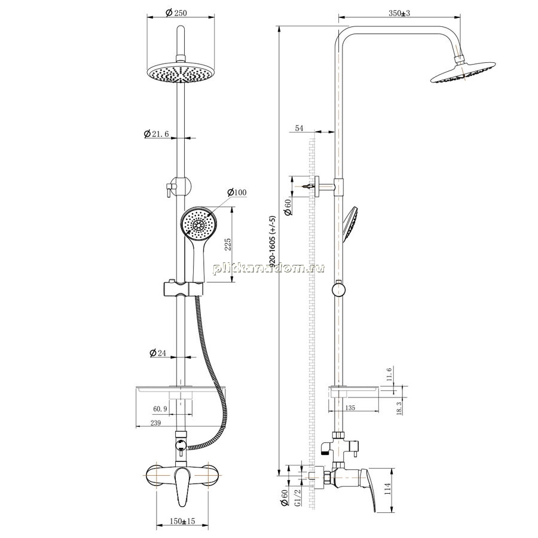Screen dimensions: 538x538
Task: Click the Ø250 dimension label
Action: (176, 13)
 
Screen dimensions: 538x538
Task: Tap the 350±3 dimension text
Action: (399, 13)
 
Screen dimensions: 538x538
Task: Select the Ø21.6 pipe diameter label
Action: (156, 134)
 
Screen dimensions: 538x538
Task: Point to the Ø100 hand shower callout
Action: (237, 192)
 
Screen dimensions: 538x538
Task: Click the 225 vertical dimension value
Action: (228, 244)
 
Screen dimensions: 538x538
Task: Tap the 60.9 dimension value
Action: (160, 409)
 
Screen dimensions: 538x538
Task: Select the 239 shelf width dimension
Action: (155, 423)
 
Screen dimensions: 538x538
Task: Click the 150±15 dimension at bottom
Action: (182, 521)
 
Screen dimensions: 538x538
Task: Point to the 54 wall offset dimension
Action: (299, 128)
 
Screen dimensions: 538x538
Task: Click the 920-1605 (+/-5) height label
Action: (273, 242)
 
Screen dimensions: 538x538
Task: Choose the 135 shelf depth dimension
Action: (350, 408)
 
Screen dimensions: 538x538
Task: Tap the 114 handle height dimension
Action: (388, 488)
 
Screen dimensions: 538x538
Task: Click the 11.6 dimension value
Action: (389, 375)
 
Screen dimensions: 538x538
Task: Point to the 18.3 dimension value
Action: (399, 408)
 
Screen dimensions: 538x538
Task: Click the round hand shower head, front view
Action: (197, 225)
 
